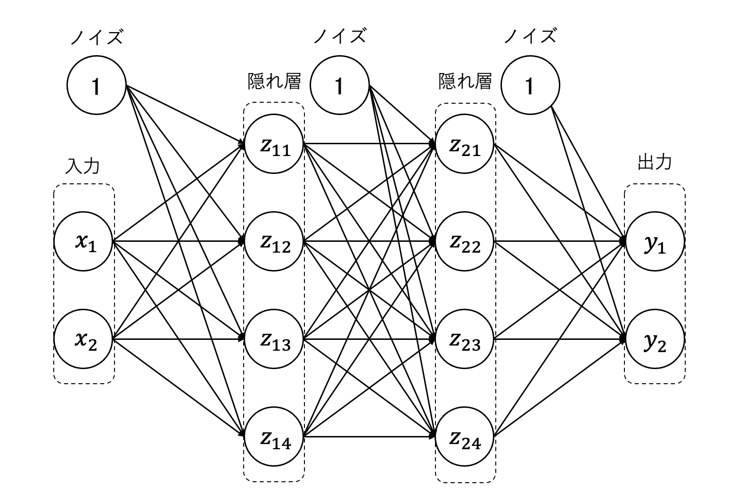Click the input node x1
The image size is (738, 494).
(84, 241)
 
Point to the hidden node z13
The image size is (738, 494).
(274, 339)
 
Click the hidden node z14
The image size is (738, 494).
(274, 437)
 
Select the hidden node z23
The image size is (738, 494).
(465, 339)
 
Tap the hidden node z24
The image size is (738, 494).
(465, 437)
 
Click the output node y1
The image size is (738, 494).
(655, 241)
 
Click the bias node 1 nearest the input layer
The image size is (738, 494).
(97, 85)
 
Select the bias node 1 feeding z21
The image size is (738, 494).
(339, 85)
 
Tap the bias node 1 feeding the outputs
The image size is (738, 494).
(530, 85)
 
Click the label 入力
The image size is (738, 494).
(83, 166)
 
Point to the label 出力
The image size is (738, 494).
(654, 163)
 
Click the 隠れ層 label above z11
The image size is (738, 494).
(274, 82)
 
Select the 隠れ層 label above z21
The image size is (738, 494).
(465, 82)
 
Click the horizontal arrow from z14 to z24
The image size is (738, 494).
(368, 437)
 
